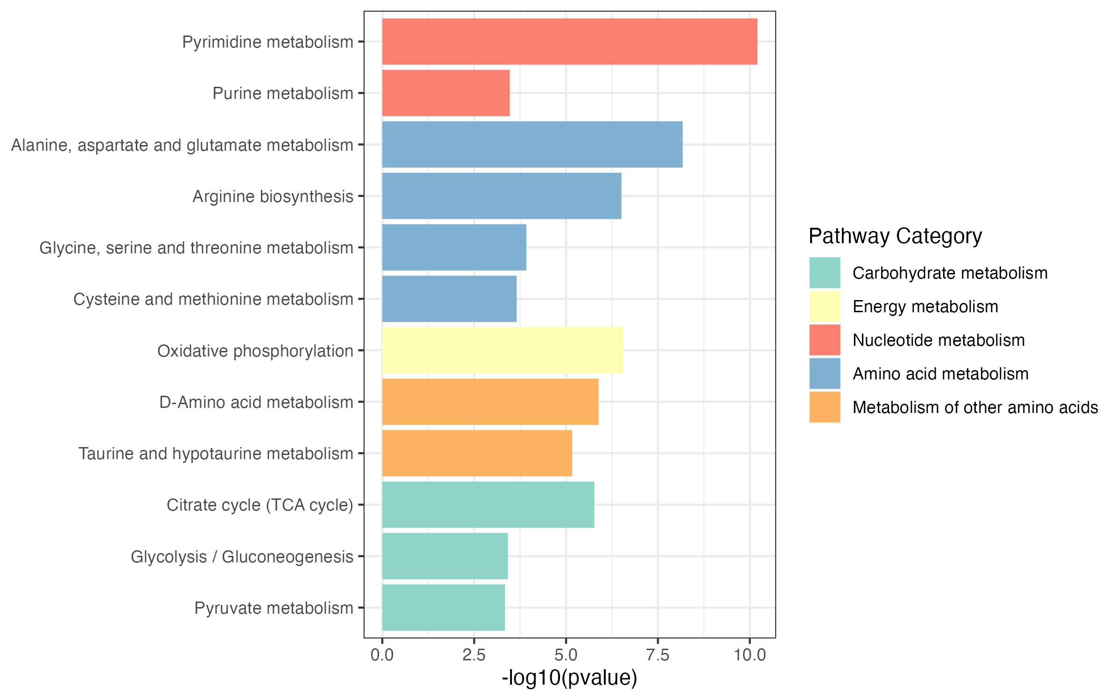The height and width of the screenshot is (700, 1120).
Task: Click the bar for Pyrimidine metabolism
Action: point(569,42)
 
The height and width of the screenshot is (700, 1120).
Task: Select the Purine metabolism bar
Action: point(446,93)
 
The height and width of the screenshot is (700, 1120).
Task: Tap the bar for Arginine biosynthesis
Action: point(502,196)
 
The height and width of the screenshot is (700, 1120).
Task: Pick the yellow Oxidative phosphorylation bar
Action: point(502,350)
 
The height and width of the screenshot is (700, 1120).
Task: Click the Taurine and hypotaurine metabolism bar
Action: point(477,453)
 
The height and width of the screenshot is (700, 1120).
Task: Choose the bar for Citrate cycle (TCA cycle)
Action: point(488,504)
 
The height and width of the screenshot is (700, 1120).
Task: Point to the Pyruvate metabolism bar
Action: point(443,608)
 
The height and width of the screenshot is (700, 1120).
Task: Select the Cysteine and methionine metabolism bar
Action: point(449,299)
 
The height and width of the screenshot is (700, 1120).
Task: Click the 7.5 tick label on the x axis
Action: point(658,655)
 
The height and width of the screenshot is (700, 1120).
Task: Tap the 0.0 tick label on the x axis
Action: point(382,655)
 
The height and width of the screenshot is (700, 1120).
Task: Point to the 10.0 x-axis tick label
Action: point(749,655)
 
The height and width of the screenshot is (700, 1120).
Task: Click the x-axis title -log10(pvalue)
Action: point(569,678)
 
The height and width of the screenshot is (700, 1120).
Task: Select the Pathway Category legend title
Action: point(895,236)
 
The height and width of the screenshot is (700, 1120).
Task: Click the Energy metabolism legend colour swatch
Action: point(825,307)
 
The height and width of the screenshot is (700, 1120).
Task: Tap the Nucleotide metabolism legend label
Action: point(938,340)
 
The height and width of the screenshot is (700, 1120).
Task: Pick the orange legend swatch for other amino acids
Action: point(825,407)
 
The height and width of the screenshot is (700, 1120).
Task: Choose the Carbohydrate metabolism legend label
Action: point(950,273)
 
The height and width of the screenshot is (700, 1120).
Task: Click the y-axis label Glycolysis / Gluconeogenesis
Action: point(242,557)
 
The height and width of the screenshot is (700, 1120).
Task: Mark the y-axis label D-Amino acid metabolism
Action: point(256,402)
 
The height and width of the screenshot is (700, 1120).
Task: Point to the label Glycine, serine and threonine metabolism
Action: point(196,248)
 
